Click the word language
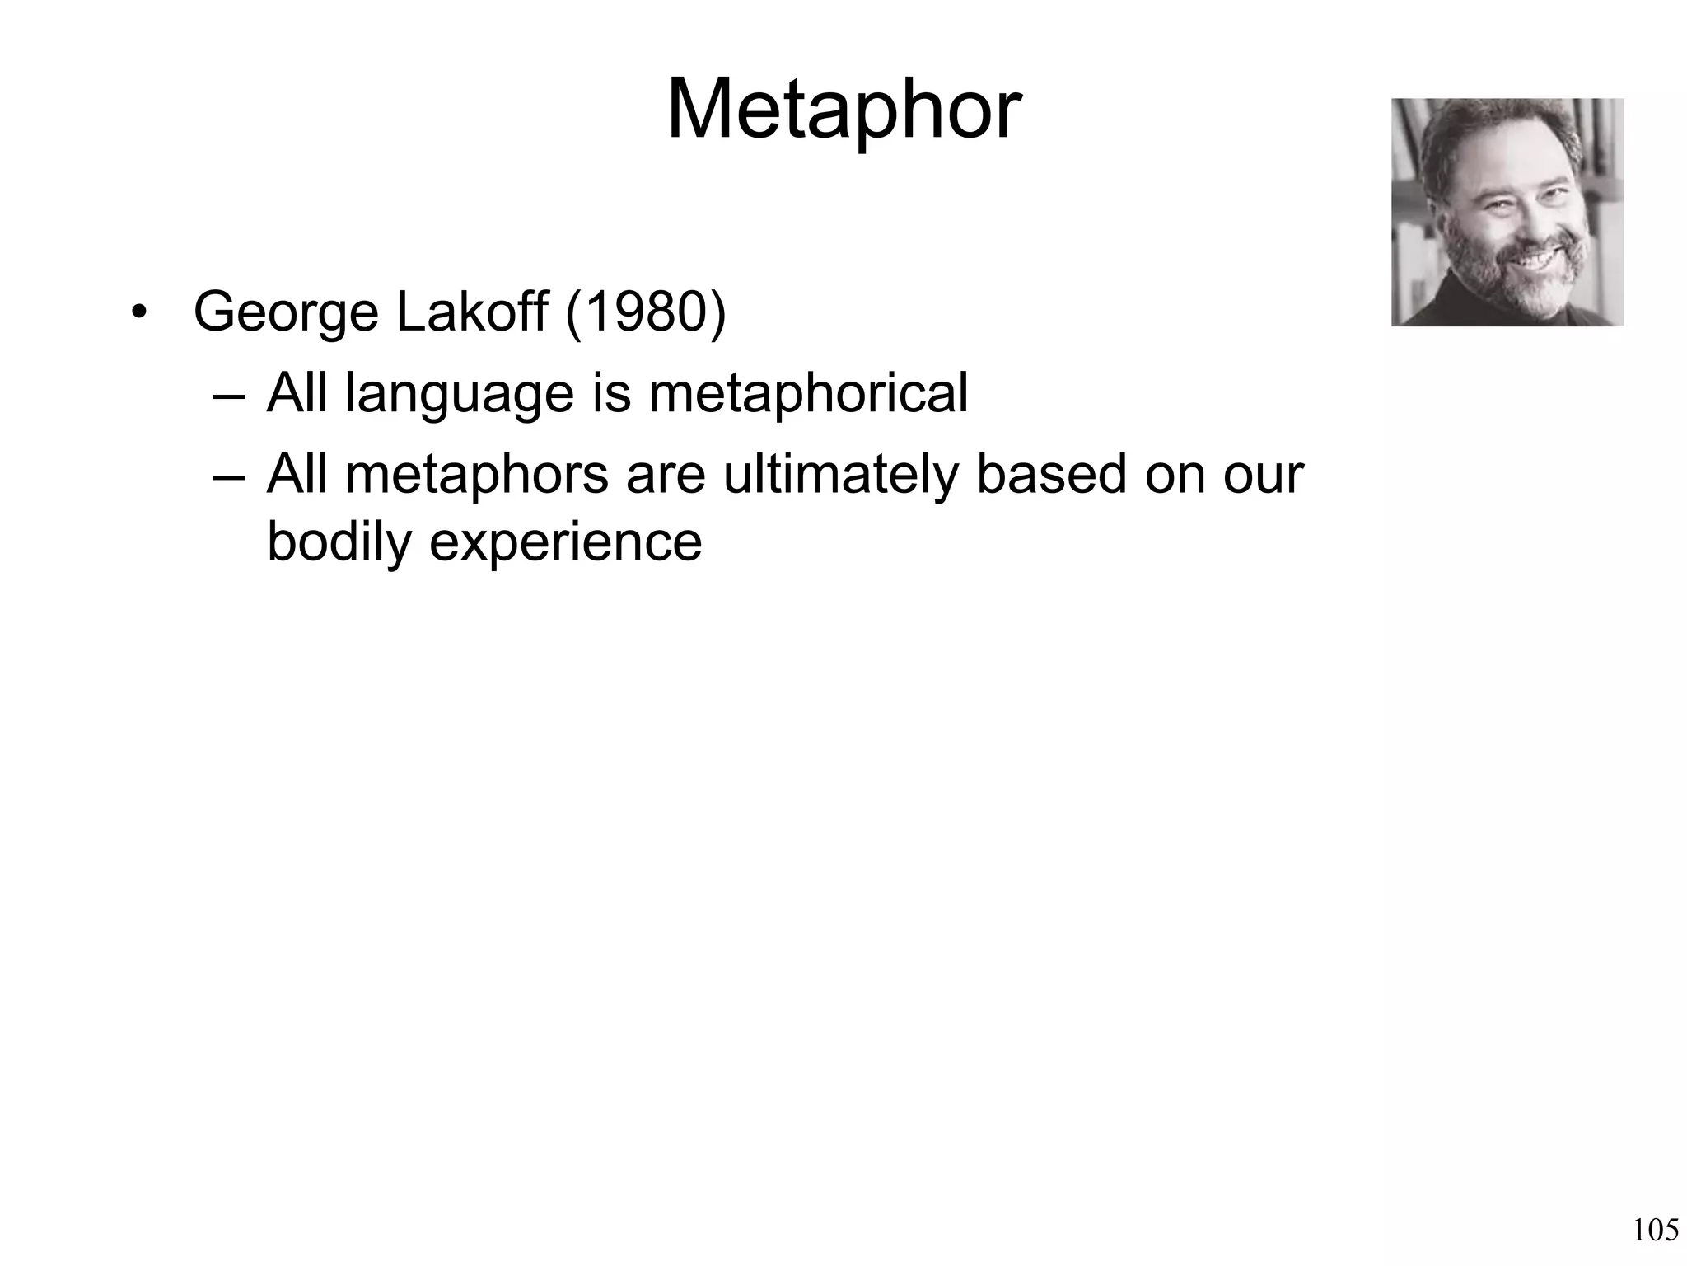pyautogui.click(x=459, y=394)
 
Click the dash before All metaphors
pyautogui.click(x=228, y=477)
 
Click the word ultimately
pyautogui.click(x=840, y=476)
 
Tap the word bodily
pyautogui.click(x=338, y=542)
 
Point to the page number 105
pyautogui.click(x=1655, y=1231)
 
